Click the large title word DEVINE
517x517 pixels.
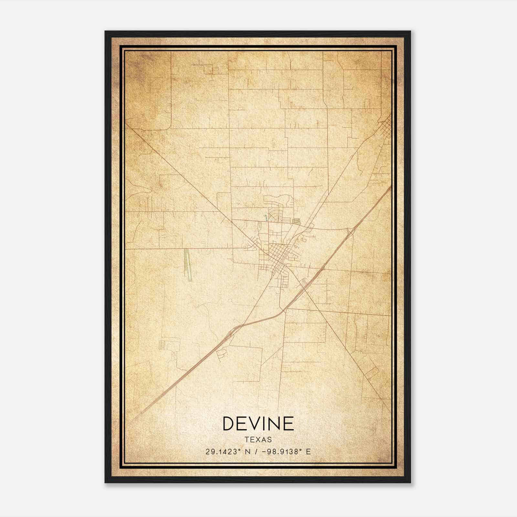click(x=258, y=424)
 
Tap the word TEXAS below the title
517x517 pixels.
click(x=258, y=440)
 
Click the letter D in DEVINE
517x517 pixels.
click(x=229, y=424)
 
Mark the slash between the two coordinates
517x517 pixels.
click(x=256, y=452)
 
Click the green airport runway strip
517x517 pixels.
click(x=188, y=265)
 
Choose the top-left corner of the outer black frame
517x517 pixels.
click(x=105, y=32)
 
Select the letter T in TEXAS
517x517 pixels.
click(x=247, y=440)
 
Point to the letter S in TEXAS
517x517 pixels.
click(x=270, y=440)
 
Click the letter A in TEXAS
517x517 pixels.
click(x=264, y=440)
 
